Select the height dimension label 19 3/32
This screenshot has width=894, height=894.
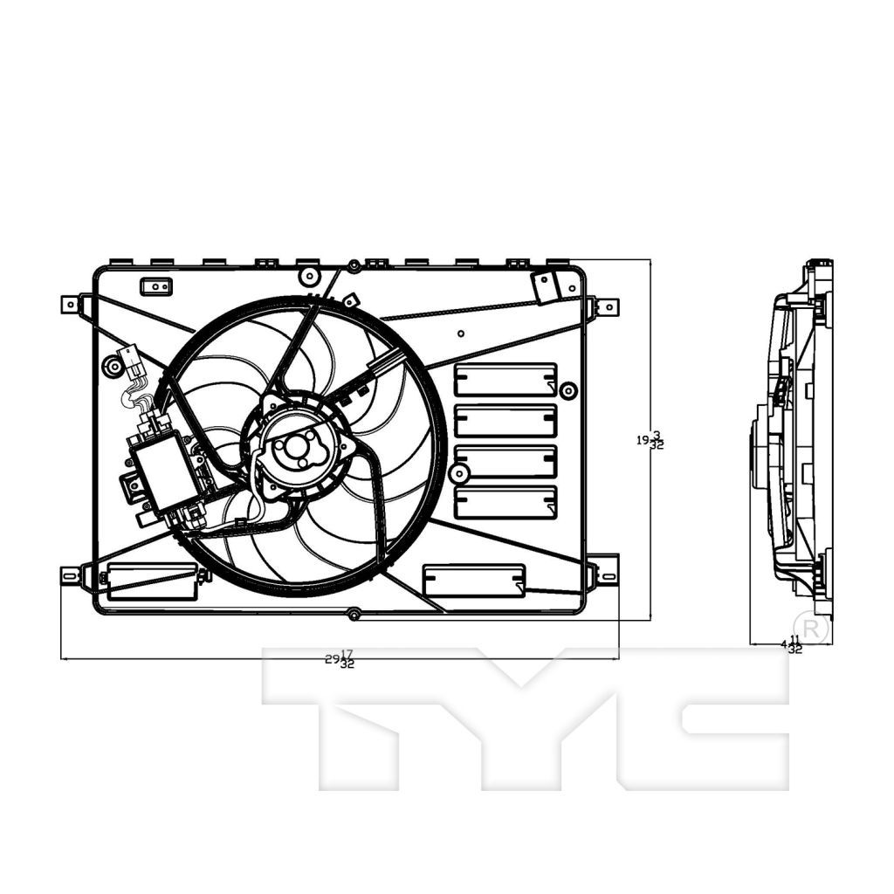pos(650,441)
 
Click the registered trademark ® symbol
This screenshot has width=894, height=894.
pos(814,629)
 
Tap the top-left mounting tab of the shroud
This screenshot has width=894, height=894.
pos(71,305)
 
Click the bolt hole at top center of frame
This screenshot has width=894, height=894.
pos(354,265)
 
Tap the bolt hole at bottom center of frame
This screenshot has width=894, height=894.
pos(354,615)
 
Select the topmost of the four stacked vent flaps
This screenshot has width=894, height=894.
pos(505,380)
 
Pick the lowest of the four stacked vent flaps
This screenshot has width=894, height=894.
pos(505,502)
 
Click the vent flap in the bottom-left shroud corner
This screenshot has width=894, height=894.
pos(152,580)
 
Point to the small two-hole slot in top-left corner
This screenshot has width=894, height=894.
pos(155,285)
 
